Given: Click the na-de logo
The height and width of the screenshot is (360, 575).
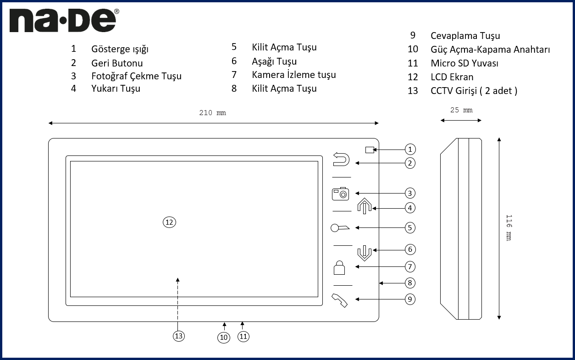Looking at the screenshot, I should (x=64, y=21).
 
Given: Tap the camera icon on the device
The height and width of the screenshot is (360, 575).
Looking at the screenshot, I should (x=341, y=194).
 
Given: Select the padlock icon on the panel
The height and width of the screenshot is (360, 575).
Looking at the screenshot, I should (x=339, y=267).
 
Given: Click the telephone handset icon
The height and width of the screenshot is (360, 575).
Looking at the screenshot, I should (x=340, y=300).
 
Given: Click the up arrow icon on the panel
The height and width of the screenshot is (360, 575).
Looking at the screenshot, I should (x=364, y=206).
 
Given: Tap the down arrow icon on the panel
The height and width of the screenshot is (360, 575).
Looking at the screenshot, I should (x=364, y=252).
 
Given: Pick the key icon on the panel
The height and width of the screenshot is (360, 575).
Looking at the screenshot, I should (x=340, y=227).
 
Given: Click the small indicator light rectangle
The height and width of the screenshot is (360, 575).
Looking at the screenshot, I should (x=370, y=150).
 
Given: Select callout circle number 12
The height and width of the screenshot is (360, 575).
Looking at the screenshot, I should (x=170, y=222).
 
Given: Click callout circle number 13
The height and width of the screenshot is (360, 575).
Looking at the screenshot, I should (x=179, y=336).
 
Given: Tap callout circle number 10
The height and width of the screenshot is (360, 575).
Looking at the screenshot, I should (x=224, y=337).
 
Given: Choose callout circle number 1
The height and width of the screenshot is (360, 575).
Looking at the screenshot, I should (x=410, y=149).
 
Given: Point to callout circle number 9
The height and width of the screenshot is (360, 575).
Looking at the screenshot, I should (x=410, y=299).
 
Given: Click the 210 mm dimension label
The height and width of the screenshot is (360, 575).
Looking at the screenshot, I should (x=212, y=113).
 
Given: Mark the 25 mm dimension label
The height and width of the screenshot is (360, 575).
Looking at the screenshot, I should (x=461, y=110).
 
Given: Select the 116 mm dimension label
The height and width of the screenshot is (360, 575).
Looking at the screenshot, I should (x=508, y=227).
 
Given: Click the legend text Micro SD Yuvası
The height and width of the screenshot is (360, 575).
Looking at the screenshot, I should (x=464, y=63).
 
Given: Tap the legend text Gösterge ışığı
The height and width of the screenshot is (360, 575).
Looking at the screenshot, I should (x=120, y=49).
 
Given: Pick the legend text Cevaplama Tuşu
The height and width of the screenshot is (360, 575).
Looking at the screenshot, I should (x=465, y=36).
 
